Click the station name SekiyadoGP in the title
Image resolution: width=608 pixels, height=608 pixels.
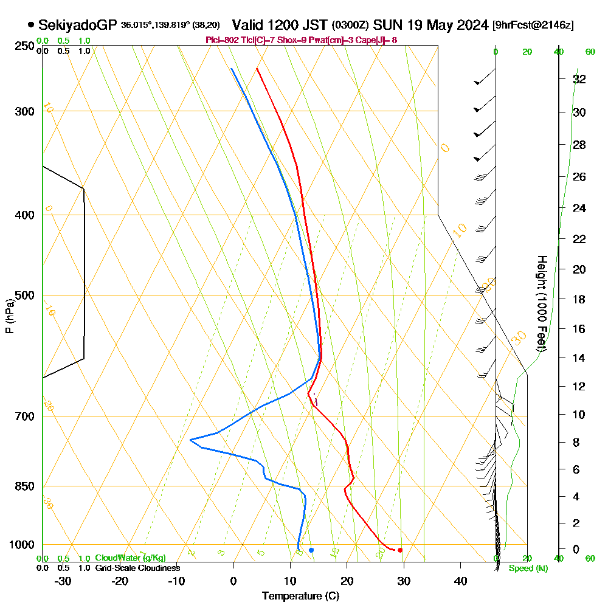click(x=77, y=25)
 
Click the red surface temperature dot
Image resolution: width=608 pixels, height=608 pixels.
click(x=399, y=550)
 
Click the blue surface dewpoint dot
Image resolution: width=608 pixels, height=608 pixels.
click(x=311, y=550)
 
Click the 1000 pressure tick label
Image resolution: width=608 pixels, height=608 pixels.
click(x=22, y=545)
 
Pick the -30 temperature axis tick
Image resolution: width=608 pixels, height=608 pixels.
click(x=63, y=581)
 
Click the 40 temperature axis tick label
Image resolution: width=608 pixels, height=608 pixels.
click(x=460, y=581)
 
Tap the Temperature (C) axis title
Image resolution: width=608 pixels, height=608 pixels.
click(x=300, y=596)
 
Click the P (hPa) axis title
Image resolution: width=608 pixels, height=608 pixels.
click(x=9, y=316)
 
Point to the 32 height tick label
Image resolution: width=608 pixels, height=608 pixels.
click(x=579, y=79)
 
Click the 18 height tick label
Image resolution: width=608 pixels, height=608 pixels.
click(x=579, y=299)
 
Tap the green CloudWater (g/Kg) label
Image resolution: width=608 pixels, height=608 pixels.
click(x=130, y=558)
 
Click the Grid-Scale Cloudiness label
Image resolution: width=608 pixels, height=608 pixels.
click(x=137, y=568)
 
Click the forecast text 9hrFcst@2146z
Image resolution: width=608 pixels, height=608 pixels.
click(x=533, y=26)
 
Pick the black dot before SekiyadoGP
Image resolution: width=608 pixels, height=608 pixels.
click(x=30, y=25)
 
